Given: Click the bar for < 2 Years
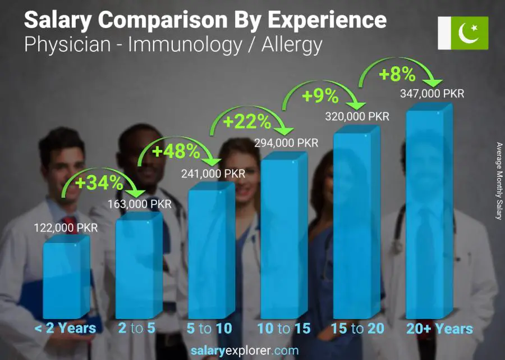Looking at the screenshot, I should [x=66, y=278].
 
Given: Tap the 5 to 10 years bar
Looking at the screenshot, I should [x=211, y=253].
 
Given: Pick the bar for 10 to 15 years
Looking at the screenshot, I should [x=284, y=236].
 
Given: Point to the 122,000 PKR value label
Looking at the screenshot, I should [x=66, y=228].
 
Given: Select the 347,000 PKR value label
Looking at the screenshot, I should [x=432, y=94].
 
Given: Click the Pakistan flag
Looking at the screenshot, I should [x=463, y=33].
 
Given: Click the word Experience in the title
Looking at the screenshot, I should [x=327, y=20].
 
